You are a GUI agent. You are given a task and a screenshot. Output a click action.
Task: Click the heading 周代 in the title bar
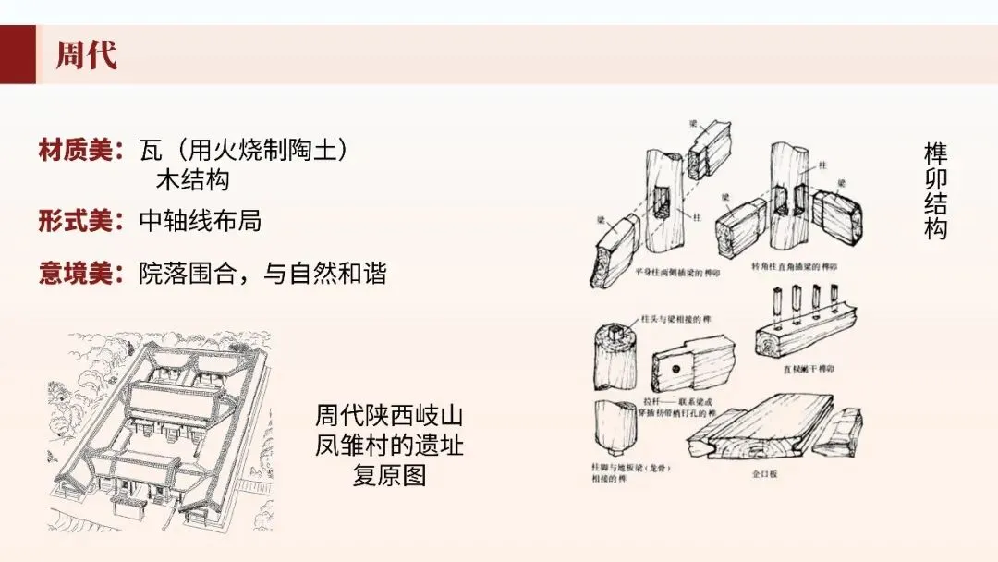coord(86,55)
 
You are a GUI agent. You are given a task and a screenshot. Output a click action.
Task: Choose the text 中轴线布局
coord(201,221)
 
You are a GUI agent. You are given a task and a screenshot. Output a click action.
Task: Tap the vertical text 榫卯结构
coord(935,191)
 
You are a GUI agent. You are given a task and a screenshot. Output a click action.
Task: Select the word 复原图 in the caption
coord(389,476)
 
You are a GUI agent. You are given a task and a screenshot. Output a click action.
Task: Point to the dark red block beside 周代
coord(18,55)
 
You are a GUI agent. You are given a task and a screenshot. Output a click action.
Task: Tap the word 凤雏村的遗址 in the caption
coord(389,446)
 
